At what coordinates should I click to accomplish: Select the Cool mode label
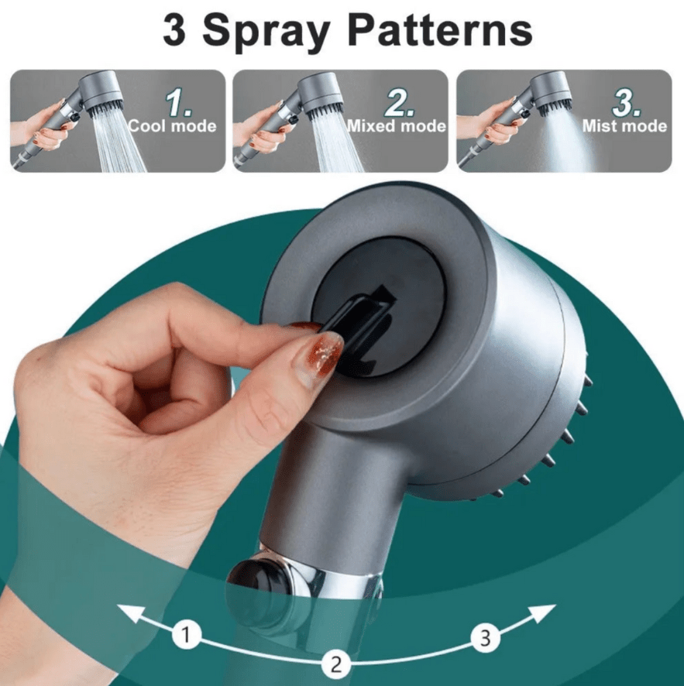(x=171, y=125)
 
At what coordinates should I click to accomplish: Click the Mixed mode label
(x=396, y=125)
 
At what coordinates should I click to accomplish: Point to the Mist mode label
(x=624, y=125)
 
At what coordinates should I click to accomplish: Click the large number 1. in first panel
(x=181, y=101)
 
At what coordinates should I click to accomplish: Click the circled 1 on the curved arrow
(x=184, y=636)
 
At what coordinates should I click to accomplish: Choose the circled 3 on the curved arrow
(x=485, y=638)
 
